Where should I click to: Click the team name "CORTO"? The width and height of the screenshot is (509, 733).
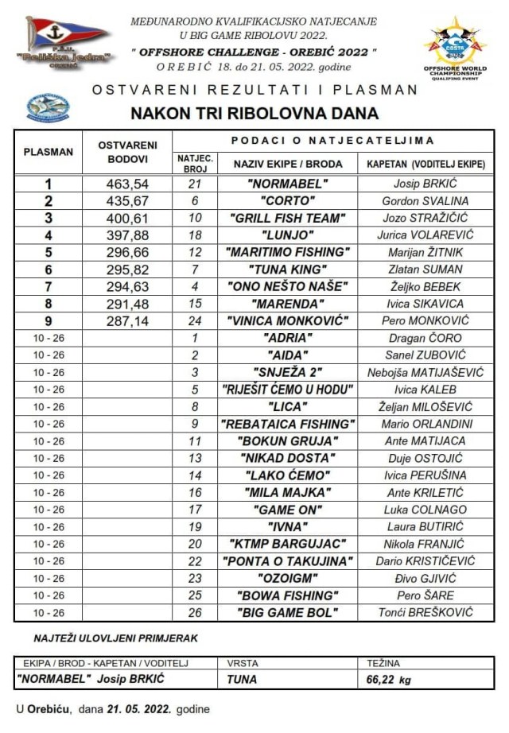click(x=288, y=201)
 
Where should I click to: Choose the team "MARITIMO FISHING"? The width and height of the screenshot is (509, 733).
click(x=288, y=252)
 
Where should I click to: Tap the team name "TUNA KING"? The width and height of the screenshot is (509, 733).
click(x=288, y=270)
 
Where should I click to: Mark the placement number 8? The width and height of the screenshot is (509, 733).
click(x=49, y=304)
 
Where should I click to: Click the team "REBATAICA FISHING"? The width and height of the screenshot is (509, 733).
click(x=288, y=424)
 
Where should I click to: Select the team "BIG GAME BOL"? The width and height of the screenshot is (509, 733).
click(x=288, y=612)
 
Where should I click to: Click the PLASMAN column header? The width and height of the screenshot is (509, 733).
click(x=49, y=151)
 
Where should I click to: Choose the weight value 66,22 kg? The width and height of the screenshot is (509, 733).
click(x=389, y=680)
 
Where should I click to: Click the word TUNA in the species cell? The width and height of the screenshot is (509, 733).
click(x=241, y=680)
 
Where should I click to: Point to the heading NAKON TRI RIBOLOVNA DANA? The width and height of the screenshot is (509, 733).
click(x=254, y=113)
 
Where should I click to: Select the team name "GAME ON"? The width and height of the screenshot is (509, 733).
click(x=288, y=510)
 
